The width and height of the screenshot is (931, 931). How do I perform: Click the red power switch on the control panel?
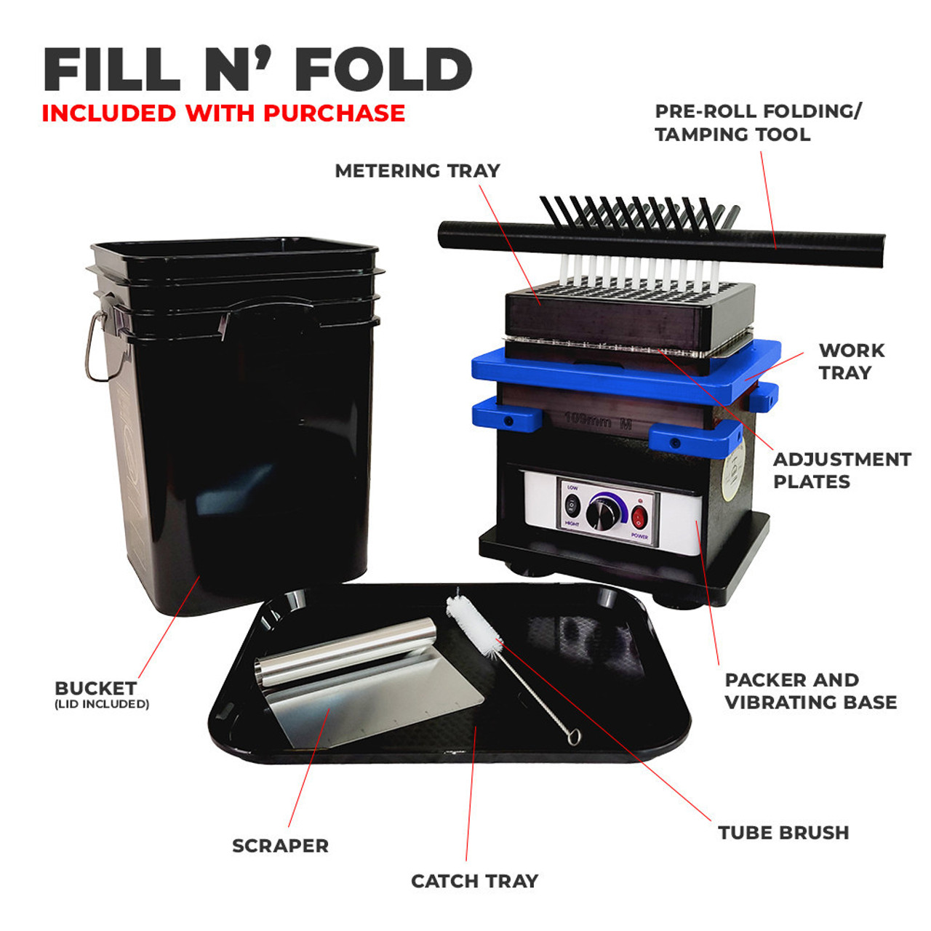pyautogui.click(x=639, y=517)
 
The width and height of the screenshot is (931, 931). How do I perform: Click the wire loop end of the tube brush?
pyautogui.click(x=574, y=736)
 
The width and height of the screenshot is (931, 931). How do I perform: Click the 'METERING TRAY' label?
pyautogui.click(x=417, y=171)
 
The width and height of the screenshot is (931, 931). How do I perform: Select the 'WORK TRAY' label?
pyautogui.click(x=852, y=361)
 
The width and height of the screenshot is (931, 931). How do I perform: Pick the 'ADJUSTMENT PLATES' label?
pyautogui.click(x=842, y=471)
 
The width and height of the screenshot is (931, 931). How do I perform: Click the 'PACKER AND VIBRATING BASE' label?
pyautogui.click(x=810, y=691)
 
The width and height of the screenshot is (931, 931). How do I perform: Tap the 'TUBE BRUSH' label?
pyautogui.click(x=783, y=833)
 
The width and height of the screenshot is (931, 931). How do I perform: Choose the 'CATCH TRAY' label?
pyautogui.click(x=474, y=882)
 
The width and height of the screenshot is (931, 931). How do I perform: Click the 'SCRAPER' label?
pyautogui.click(x=280, y=846)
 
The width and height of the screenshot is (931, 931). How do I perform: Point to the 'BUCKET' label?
pyautogui.click(x=95, y=688)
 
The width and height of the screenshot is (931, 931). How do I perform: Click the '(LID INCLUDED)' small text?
pyautogui.click(x=102, y=704)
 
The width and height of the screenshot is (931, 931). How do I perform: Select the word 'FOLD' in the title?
pyautogui.click(x=383, y=70)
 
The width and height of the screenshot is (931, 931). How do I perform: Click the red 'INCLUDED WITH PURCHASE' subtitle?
pyautogui.click(x=223, y=113)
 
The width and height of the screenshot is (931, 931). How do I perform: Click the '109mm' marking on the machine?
pyautogui.click(x=588, y=420)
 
